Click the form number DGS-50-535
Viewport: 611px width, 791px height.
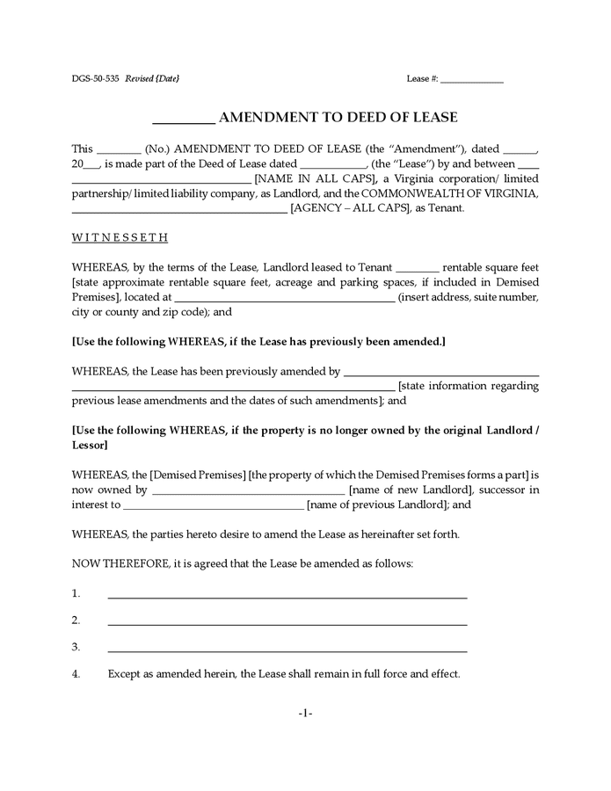(96, 78)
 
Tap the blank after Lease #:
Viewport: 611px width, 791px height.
(471, 80)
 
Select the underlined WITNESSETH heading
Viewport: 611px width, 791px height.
(120, 237)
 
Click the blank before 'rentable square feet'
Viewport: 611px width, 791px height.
(418, 268)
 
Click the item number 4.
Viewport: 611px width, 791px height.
(76, 674)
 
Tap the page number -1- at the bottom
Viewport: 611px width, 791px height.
(305, 713)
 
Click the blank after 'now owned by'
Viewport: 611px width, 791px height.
(248, 490)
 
